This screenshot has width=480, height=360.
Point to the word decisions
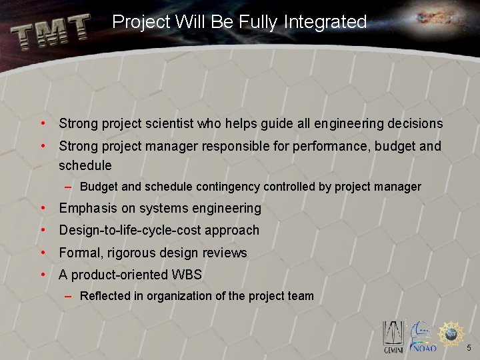(415, 123)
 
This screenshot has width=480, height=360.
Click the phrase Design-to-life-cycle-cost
(129, 231)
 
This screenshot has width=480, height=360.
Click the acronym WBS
(186, 275)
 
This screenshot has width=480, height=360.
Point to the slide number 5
(469, 348)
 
